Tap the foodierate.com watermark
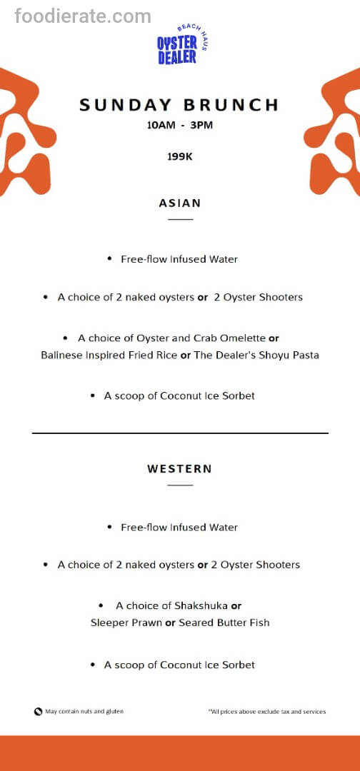coord(83,16)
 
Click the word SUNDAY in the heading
coord(122,105)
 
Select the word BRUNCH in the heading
coord(231,105)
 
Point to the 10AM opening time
coord(151,125)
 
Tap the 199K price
coord(180,156)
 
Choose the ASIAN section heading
coord(180,203)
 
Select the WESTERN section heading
coord(180,469)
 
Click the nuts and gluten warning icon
coord(38,712)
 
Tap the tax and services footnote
coord(267,712)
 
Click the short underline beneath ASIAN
coord(180,219)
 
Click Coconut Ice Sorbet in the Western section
coord(207,665)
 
